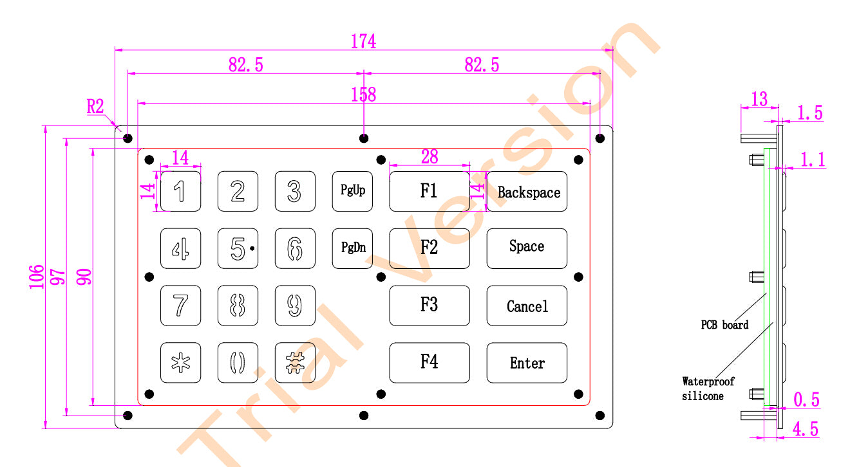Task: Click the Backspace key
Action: tap(527, 192)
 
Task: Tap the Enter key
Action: tap(527, 363)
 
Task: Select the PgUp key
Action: tap(352, 191)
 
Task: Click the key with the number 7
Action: tap(180, 306)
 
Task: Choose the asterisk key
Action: tap(180, 363)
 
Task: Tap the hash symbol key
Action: tap(295, 363)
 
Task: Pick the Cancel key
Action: tap(527, 306)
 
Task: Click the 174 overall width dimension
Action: tap(363, 41)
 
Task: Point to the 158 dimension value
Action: tap(363, 95)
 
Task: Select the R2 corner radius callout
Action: tap(95, 106)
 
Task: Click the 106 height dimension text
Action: tap(37, 277)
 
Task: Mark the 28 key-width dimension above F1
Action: tap(430, 156)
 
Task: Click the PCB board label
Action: tap(724, 325)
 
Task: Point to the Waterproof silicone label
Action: tap(708, 389)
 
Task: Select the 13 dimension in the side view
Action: tap(759, 99)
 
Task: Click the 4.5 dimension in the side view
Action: tap(806, 429)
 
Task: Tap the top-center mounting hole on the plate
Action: tap(364, 138)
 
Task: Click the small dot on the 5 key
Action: tap(252, 248)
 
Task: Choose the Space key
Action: tap(527, 248)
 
